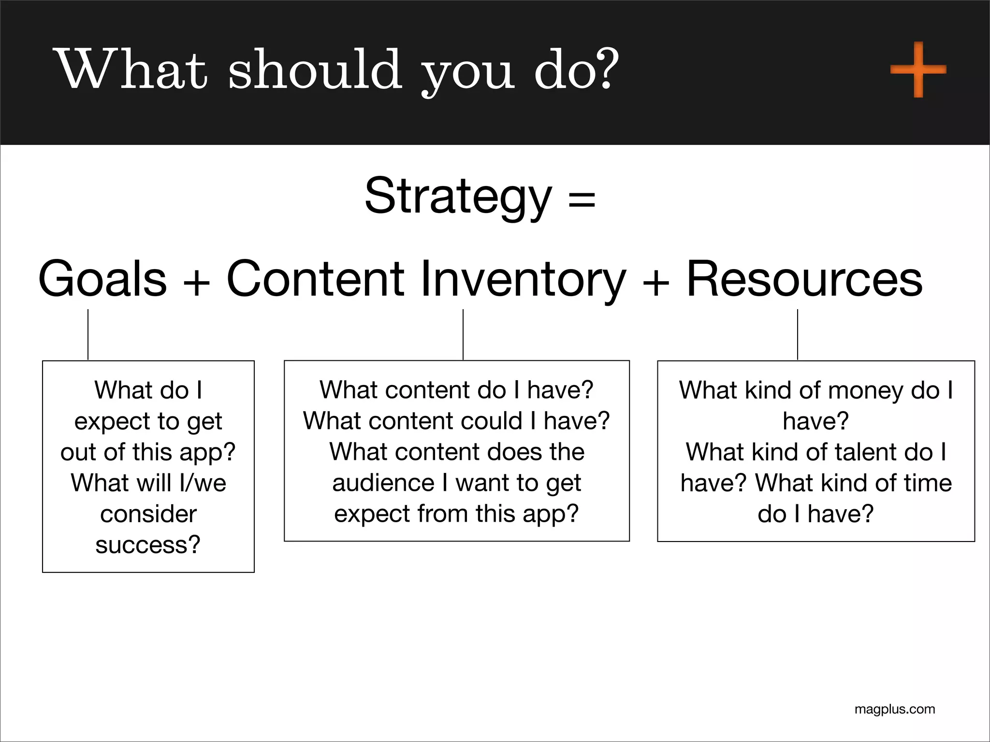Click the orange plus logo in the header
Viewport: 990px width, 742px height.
click(x=918, y=70)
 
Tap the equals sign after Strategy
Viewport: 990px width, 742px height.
click(x=582, y=199)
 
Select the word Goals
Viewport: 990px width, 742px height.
click(x=102, y=279)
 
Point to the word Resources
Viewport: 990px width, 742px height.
click(x=804, y=279)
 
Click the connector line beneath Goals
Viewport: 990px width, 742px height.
click(x=88, y=334)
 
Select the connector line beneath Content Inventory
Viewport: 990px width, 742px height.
click(x=463, y=334)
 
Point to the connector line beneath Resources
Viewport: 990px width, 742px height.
click(x=798, y=334)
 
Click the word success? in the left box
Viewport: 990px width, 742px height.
click(x=148, y=545)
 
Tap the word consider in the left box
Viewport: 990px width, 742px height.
click(x=148, y=514)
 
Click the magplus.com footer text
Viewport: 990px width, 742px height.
click(x=895, y=709)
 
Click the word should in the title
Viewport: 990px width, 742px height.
click(x=315, y=70)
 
